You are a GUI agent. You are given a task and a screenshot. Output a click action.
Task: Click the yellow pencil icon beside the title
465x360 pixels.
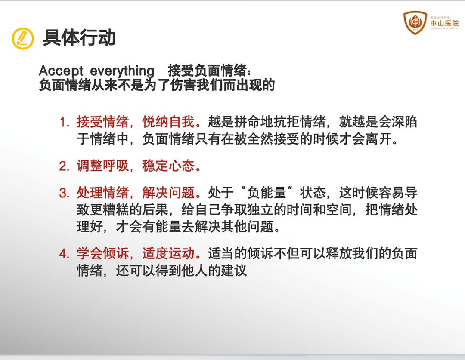click(x=23, y=39)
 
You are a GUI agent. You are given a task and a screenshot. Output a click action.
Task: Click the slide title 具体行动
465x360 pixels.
click(x=79, y=37)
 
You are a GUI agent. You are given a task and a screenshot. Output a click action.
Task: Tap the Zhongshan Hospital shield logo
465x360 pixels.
click(x=415, y=22)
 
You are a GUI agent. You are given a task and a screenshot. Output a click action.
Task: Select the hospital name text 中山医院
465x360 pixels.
click(x=444, y=23)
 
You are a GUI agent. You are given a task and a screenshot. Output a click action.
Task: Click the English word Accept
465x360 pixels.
click(x=61, y=71)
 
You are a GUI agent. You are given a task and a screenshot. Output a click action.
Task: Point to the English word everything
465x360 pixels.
click(x=122, y=71)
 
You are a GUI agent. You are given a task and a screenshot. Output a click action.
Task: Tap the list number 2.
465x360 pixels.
click(x=64, y=166)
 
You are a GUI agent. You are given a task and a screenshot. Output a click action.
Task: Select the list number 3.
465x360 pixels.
click(x=64, y=193)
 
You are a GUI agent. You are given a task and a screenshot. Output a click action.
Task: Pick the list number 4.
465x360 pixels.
click(x=64, y=254)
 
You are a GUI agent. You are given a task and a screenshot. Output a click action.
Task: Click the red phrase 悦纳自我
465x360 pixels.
click(x=168, y=122)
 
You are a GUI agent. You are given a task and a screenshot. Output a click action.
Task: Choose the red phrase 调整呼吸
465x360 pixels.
click(x=102, y=166)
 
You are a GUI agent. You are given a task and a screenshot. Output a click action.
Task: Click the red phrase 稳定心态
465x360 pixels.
click(x=168, y=166)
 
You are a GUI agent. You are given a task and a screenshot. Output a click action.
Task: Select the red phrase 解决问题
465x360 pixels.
click(x=168, y=193)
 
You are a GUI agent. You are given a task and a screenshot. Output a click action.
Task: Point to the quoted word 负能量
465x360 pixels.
click(x=267, y=193)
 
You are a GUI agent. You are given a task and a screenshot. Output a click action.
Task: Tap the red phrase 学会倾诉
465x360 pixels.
click(x=102, y=254)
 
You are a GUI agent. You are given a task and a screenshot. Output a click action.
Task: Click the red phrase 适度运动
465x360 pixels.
click(x=168, y=254)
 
